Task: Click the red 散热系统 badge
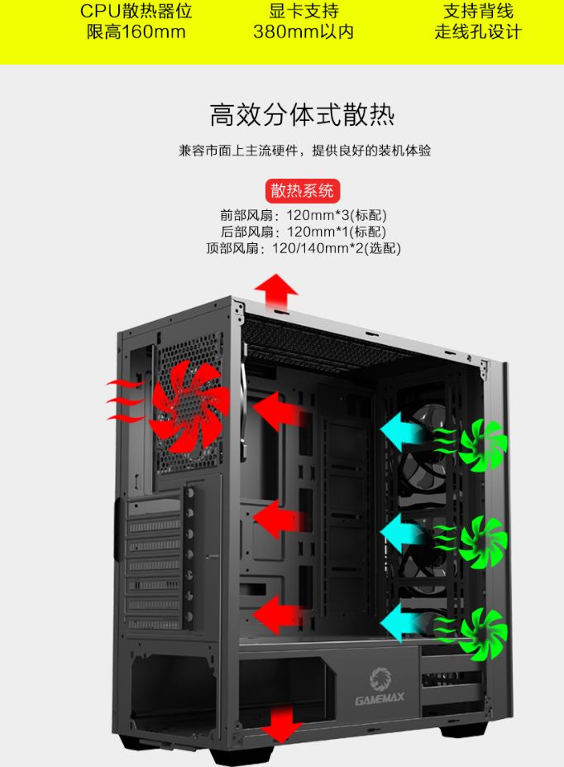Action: coord(303,191)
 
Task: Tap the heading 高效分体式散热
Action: coord(302,115)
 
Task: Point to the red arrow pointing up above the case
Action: coord(275,291)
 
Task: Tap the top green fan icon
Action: coord(482,445)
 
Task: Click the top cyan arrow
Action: coord(401,431)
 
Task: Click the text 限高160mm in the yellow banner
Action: coord(136,32)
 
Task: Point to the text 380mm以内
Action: coord(304,32)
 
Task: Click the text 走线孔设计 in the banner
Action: coord(478,32)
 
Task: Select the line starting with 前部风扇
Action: coord(303,215)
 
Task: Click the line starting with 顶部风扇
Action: coord(303,248)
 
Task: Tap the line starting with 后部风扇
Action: coord(303,232)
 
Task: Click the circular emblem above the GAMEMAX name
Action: coord(380,679)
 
